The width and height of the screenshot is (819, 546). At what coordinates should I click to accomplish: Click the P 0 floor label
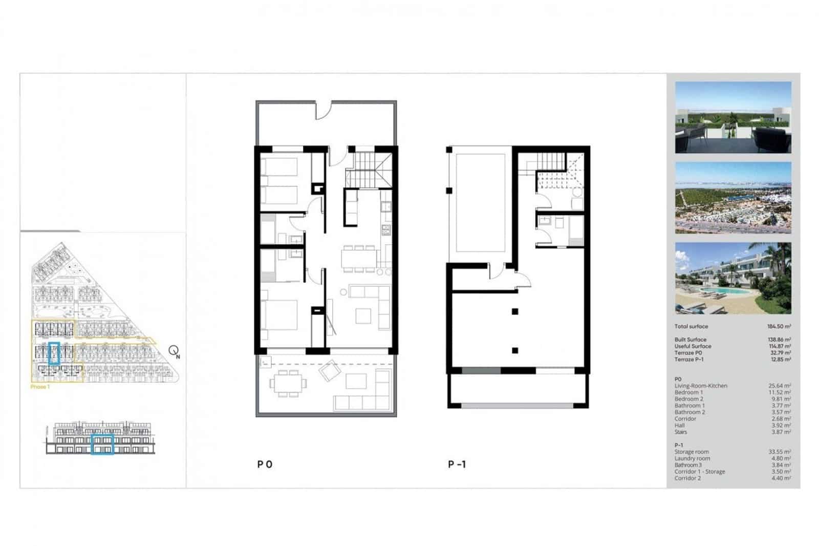265,465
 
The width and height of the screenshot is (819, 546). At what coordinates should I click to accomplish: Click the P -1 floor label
457,465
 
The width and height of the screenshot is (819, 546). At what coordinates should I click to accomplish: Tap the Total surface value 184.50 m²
779,326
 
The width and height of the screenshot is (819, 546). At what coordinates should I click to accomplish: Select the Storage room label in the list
692,452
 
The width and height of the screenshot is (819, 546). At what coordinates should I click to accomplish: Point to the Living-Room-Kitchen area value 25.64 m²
780,386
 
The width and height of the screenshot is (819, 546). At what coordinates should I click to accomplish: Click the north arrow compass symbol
174,351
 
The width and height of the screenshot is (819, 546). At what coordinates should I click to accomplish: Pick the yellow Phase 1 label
40,387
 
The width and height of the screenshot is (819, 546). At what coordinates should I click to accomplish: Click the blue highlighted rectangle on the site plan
54,353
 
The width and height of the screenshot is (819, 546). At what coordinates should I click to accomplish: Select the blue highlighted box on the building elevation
102,444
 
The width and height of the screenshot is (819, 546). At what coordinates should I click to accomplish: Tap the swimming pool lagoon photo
733,278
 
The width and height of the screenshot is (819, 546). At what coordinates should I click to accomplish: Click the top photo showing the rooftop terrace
733,117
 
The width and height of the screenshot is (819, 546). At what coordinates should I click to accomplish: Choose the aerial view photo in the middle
733,198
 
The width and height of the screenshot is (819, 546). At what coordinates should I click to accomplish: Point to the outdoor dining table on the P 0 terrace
287,383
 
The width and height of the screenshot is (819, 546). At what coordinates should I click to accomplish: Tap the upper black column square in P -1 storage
515,311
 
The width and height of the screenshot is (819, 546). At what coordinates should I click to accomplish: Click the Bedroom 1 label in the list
688,392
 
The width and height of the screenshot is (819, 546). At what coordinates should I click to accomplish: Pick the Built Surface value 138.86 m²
779,340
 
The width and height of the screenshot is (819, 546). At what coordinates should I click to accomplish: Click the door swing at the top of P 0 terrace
324,110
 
